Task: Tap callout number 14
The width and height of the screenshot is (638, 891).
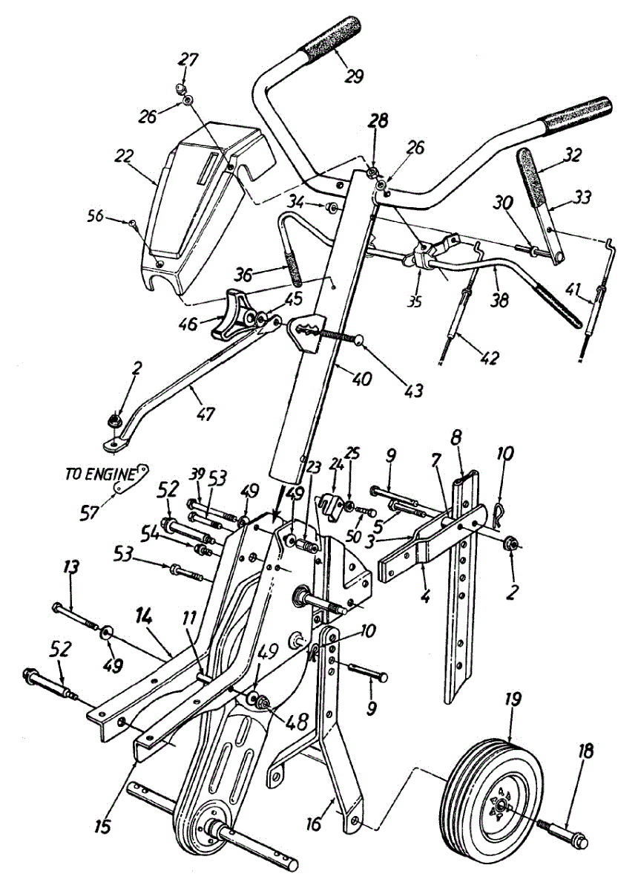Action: click(x=145, y=616)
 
